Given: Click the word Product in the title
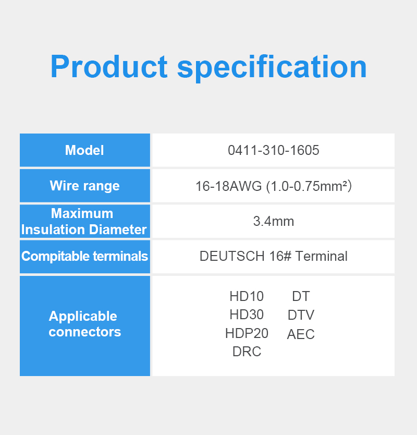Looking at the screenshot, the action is (109, 67).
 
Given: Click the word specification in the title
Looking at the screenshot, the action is (272, 68).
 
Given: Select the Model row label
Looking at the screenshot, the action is (84, 150).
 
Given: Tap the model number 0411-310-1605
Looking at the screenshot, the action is (273, 150).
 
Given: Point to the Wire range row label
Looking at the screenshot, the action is (84, 186).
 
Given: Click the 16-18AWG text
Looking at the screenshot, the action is (228, 186).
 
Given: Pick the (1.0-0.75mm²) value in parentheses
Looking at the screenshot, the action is (309, 186).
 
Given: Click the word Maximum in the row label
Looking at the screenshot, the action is (82, 213).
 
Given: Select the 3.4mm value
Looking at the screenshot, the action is (273, 221).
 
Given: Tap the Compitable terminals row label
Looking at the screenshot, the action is (84, 256).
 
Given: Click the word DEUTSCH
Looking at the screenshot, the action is (232, 256).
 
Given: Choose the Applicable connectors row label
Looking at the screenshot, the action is (84, 324).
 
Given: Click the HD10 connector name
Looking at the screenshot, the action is (247, 296).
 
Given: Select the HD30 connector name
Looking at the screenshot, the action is (247, 315).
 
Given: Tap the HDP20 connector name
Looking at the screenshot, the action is (247, 333).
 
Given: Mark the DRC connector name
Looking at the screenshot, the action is (247, 352).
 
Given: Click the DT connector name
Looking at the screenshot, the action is (301, 296).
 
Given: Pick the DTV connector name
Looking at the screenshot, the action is (301, 315).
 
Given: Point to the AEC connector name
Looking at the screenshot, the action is (301, 334).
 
